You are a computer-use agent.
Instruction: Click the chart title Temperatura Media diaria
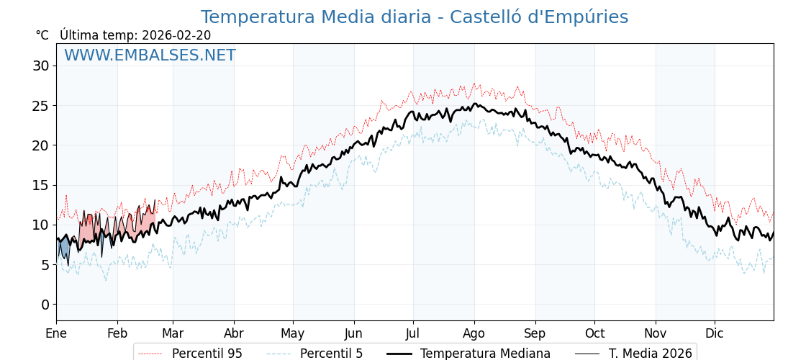[414, 17]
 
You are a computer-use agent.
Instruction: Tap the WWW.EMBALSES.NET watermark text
[150, 55]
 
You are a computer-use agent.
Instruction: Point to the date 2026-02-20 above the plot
[176, 35]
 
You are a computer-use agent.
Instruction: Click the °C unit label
[42, 35]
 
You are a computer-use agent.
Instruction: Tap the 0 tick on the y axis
[44, 305]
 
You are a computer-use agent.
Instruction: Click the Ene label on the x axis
[56, 334]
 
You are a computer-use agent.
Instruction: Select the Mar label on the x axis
[173, 334]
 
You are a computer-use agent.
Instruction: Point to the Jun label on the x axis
[353, 334]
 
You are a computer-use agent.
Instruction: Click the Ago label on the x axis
[474, 334]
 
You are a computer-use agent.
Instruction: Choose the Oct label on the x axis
[594, 334]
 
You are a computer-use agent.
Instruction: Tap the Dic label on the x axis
[715, 334]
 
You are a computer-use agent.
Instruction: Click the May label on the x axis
[293, 334]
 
